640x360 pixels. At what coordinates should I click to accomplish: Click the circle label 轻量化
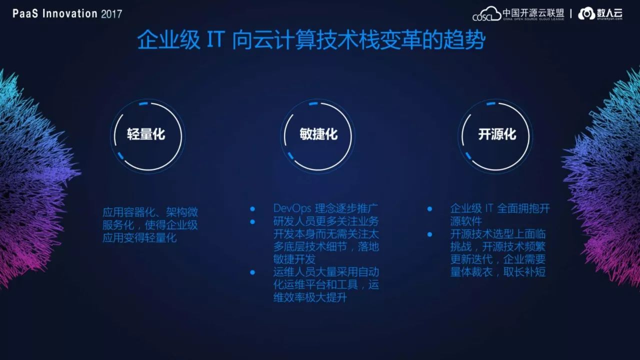[146, 134]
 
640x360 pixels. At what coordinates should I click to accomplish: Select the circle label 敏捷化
[318, 134]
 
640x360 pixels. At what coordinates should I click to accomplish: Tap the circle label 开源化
[497, 134]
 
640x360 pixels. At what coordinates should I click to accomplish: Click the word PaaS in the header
[25, 13]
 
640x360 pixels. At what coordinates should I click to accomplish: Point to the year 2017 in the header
[111, 14]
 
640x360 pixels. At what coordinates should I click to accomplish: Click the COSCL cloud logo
[486, 13]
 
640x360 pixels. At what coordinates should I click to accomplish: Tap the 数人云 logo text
[609, 13]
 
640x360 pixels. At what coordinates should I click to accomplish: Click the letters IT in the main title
[216, 39]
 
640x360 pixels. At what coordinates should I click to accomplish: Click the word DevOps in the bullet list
[292, 208]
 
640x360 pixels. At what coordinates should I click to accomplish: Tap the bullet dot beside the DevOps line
[252, 209]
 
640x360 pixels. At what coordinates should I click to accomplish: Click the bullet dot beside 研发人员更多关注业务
[252, 221]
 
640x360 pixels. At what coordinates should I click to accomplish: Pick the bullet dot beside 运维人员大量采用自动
[252, 272]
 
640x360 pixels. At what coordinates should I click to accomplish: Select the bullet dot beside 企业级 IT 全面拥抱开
[429, 209]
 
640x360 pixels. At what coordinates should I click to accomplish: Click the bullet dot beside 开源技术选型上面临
[429, 234]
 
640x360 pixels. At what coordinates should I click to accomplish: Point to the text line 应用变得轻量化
[139, 237]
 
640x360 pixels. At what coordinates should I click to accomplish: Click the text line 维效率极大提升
[310, 297]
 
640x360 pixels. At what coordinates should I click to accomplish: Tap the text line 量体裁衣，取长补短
[498, 271]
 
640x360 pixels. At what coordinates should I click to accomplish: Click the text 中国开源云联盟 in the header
[533, 13]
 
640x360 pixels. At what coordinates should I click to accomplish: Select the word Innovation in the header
[69, 13]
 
